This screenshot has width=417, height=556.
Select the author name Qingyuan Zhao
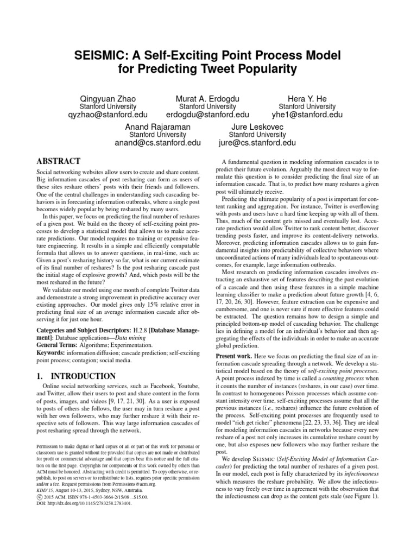(108, 98)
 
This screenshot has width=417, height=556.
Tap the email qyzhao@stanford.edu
(108, 115)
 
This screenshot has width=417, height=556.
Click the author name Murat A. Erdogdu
(207, 98)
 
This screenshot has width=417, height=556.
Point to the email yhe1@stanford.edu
(307, 115)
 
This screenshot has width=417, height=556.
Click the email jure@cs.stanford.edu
(257, 143)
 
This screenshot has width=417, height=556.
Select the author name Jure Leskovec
(257, 127)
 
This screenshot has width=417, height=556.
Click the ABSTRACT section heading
(58, 161)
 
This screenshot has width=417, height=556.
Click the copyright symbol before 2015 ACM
(39, 496)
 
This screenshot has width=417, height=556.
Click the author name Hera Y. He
(307, 98)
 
